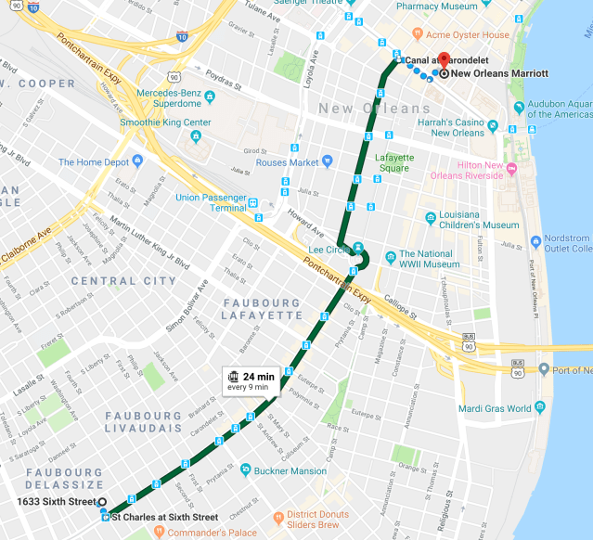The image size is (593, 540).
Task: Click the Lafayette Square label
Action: click(393, 162)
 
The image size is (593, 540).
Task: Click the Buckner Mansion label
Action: click(290, 470)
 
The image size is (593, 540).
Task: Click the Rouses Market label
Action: click(287, 162)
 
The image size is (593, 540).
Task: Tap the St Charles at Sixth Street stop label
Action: click(164, 517)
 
